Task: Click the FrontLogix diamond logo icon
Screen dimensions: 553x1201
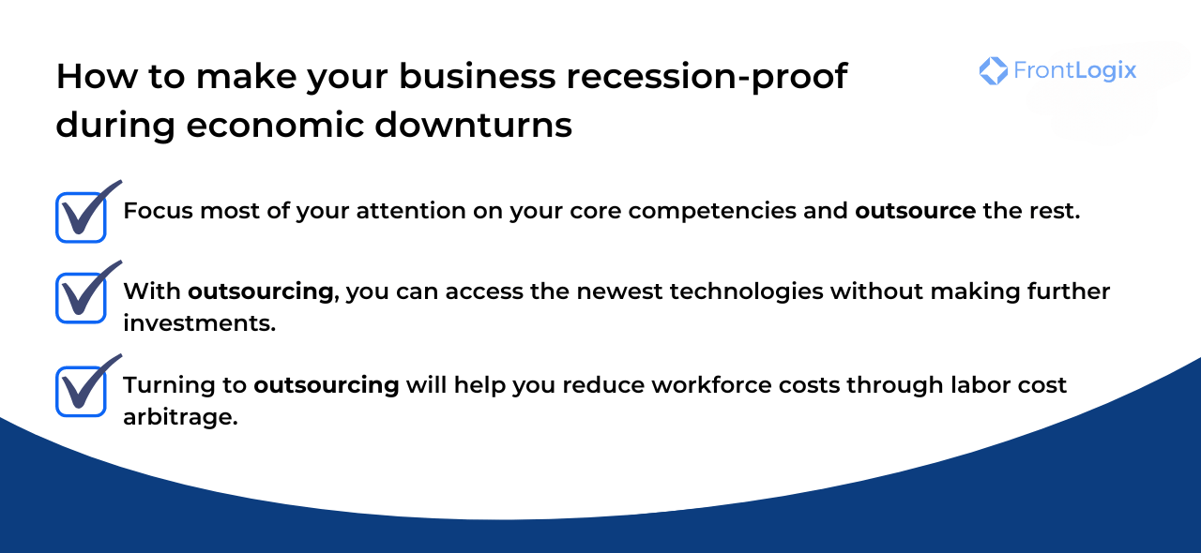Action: pyautogui.click(x=993, y=70)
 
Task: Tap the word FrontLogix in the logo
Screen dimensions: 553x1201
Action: pyautogui.click(x=1074, y=70)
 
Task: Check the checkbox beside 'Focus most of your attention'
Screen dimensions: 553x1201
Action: pyautogui.click(x=81, y=217)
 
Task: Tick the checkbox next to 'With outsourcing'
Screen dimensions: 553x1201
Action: pyautogui.click(x=81, y=298)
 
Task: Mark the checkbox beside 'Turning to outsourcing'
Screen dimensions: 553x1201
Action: pyautogui.click(x=81, y=391)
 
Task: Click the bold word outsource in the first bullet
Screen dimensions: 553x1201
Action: pyautogui.click(x=915, y=211)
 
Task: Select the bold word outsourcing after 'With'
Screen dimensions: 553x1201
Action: pyautogui.click(x=261, y=291)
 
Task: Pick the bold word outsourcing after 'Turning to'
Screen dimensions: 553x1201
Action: pyautogui.click(x=327, y=385)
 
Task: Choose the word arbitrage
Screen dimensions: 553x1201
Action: pyautogui.click(x=180, y=417)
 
